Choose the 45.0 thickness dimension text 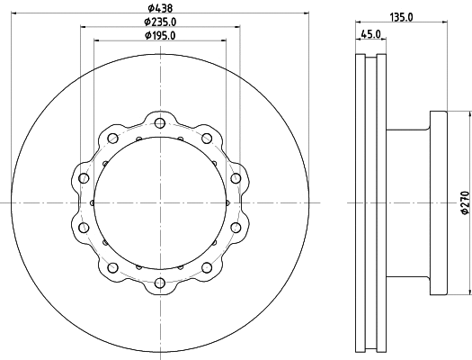coord(370,35)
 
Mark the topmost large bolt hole coord(160,123)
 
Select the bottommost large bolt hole coord(160,285)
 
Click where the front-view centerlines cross coord(160,204)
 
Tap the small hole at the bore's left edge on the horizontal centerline coord(94,204)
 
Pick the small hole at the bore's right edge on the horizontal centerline coord(227,204)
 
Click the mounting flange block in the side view coord(437,204)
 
